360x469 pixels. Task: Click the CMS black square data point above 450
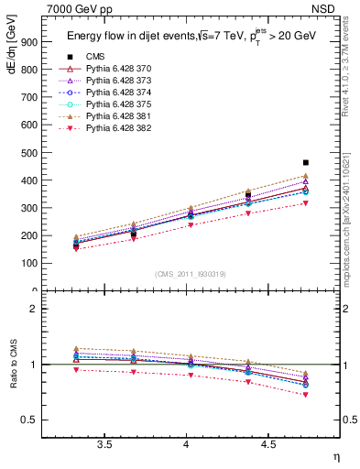(306, 162)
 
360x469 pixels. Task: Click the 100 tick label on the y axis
(30, 263)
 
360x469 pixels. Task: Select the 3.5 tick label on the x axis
(105, 444)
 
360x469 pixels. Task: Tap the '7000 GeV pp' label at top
(71, 9)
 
